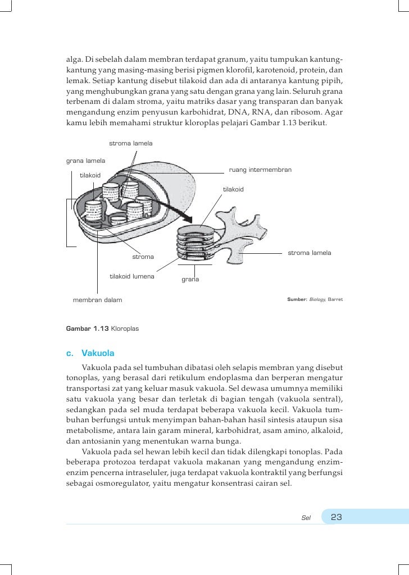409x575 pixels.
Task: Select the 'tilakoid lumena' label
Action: pos(132,276)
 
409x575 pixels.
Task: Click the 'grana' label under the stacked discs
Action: pos(190,279)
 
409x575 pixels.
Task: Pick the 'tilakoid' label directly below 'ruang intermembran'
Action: pos(233,189)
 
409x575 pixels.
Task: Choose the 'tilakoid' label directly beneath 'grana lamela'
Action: pos(90,175)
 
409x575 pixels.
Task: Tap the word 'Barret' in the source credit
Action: pos(335,300)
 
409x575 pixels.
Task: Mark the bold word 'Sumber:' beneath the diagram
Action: pos(296,300)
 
